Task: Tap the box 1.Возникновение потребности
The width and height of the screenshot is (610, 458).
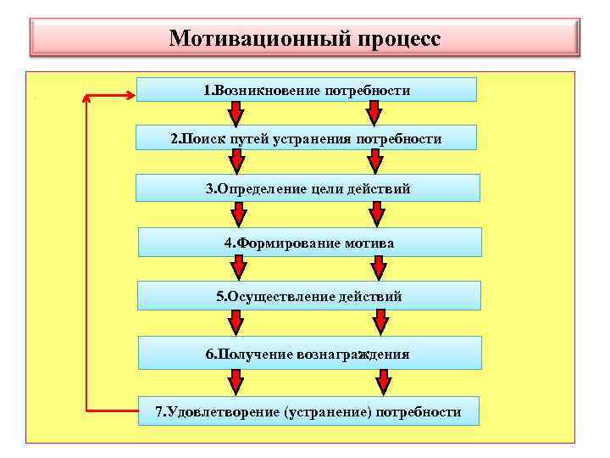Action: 307,90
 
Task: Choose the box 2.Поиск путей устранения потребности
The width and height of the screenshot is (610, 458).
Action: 307,138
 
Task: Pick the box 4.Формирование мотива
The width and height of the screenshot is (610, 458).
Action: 309,243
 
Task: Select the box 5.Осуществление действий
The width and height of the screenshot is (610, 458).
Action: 309,296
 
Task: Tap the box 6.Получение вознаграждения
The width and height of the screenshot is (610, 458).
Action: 309,354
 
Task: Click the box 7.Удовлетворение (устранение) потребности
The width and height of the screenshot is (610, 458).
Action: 309,412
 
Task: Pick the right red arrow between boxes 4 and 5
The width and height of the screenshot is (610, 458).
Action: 379,269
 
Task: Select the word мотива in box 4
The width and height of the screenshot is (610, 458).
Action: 370,243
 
